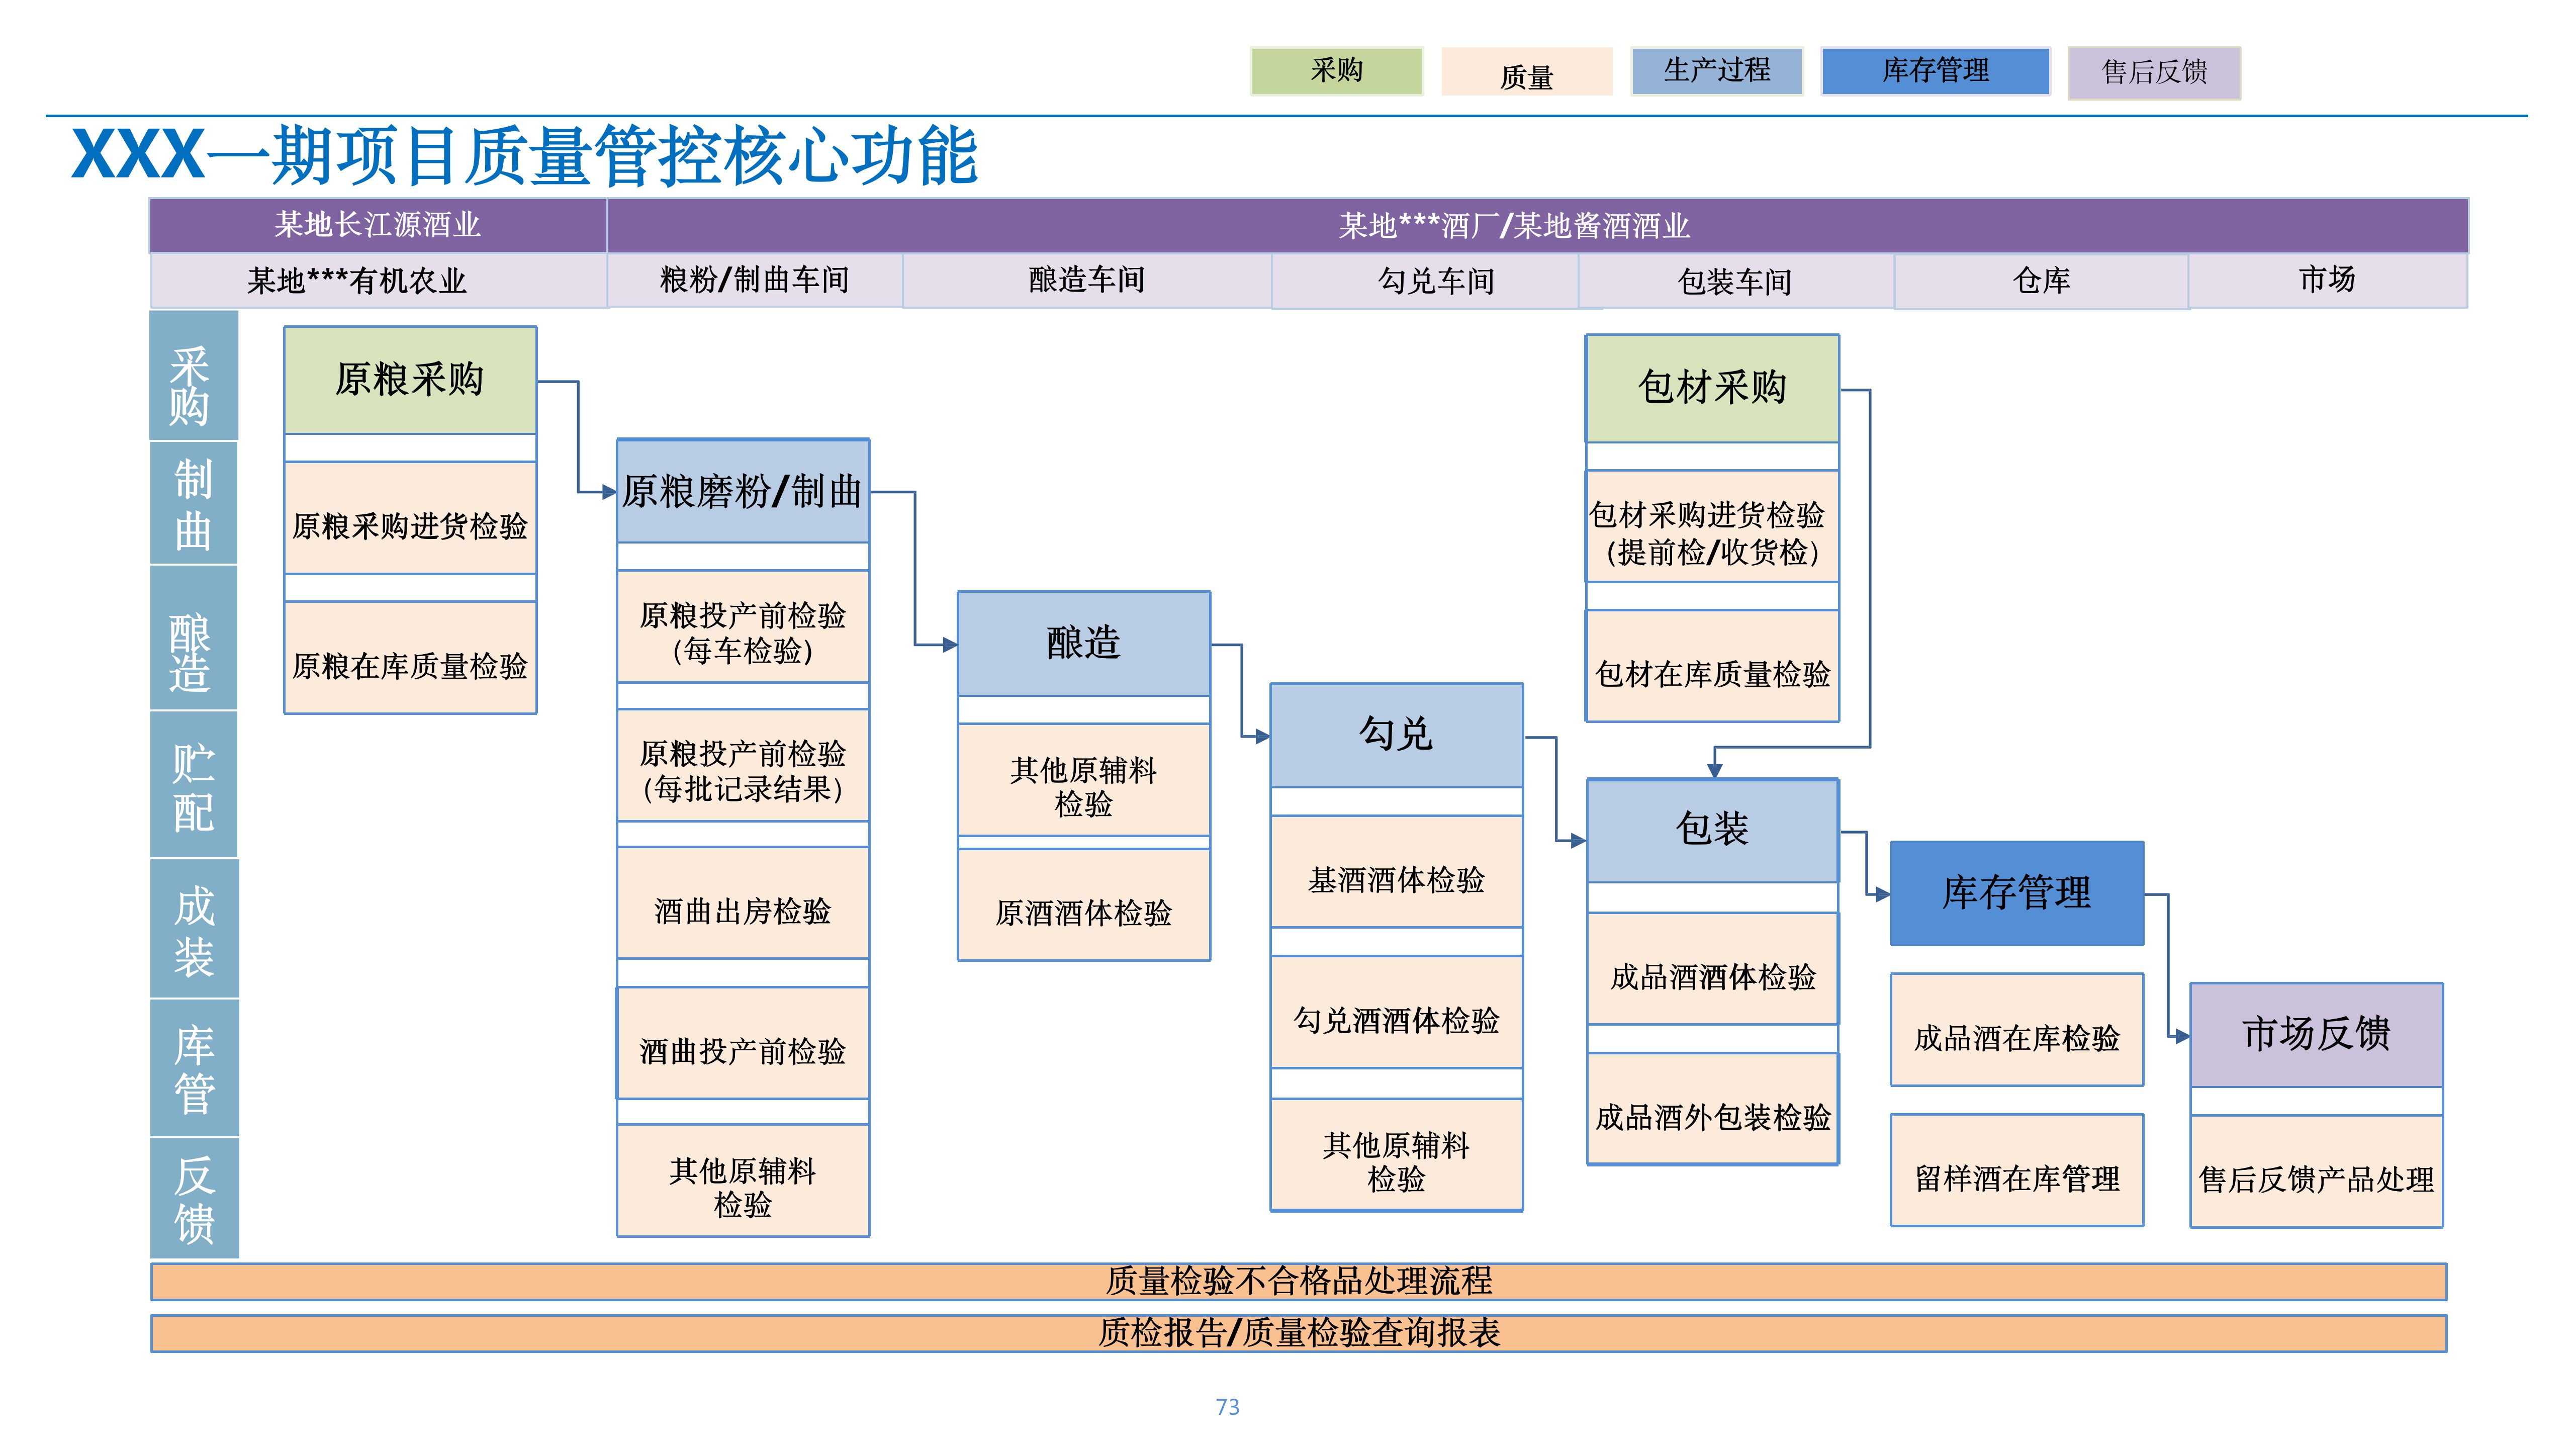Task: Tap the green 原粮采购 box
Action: click(410, 380)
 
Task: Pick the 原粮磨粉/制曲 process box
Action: click(743, 491)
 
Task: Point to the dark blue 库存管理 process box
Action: click(2016, 892)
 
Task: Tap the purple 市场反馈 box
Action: click(2316, 1034)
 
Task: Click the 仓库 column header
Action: click(2042, 281)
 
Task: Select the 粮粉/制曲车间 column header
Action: click(755, 280)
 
